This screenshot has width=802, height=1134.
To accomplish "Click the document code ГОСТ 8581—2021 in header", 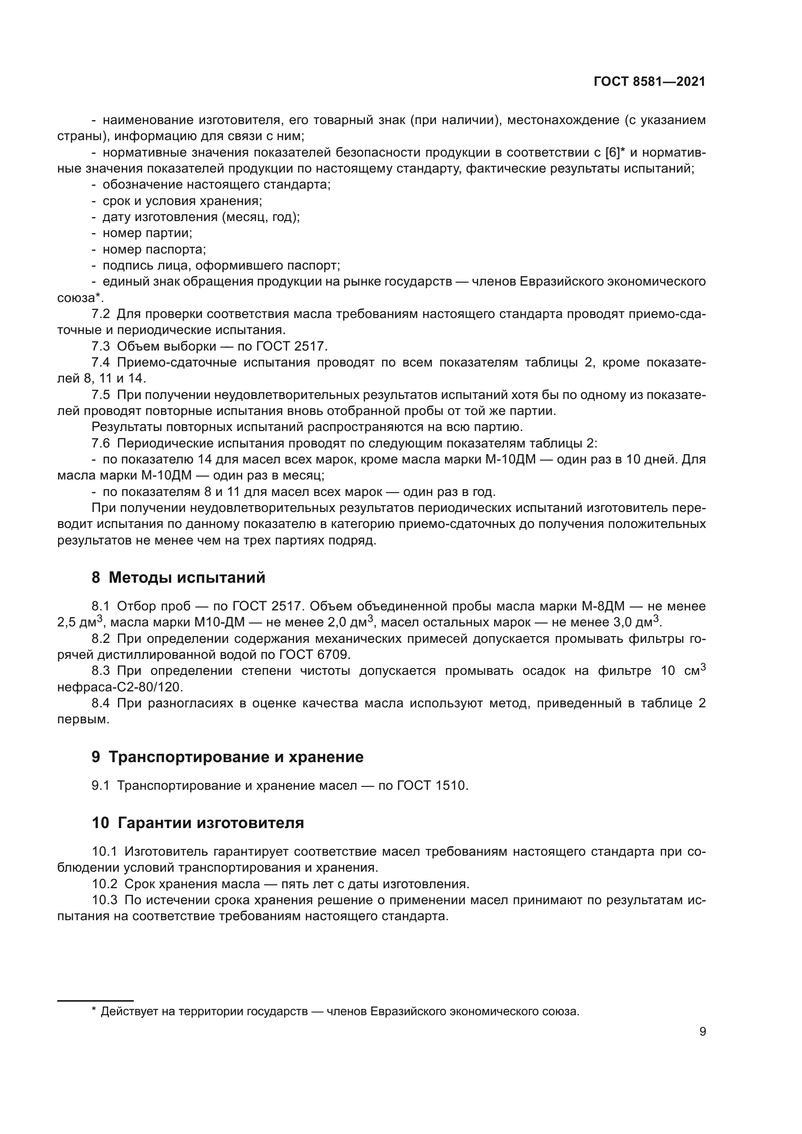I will [x=649, y=82].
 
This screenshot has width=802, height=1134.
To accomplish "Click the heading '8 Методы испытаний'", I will [x=178, y=577].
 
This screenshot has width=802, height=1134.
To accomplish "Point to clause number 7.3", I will [x=101, y=346].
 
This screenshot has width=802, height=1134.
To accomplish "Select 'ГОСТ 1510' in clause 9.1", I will [x=431, y=785].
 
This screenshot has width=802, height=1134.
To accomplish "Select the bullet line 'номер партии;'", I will [x=147, y=233].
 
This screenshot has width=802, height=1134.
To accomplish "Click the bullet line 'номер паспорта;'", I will [x=154, y=249].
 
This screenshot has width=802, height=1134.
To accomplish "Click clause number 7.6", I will [x=101, y=444].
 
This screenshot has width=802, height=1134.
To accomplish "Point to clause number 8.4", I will [x=101, y=703].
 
